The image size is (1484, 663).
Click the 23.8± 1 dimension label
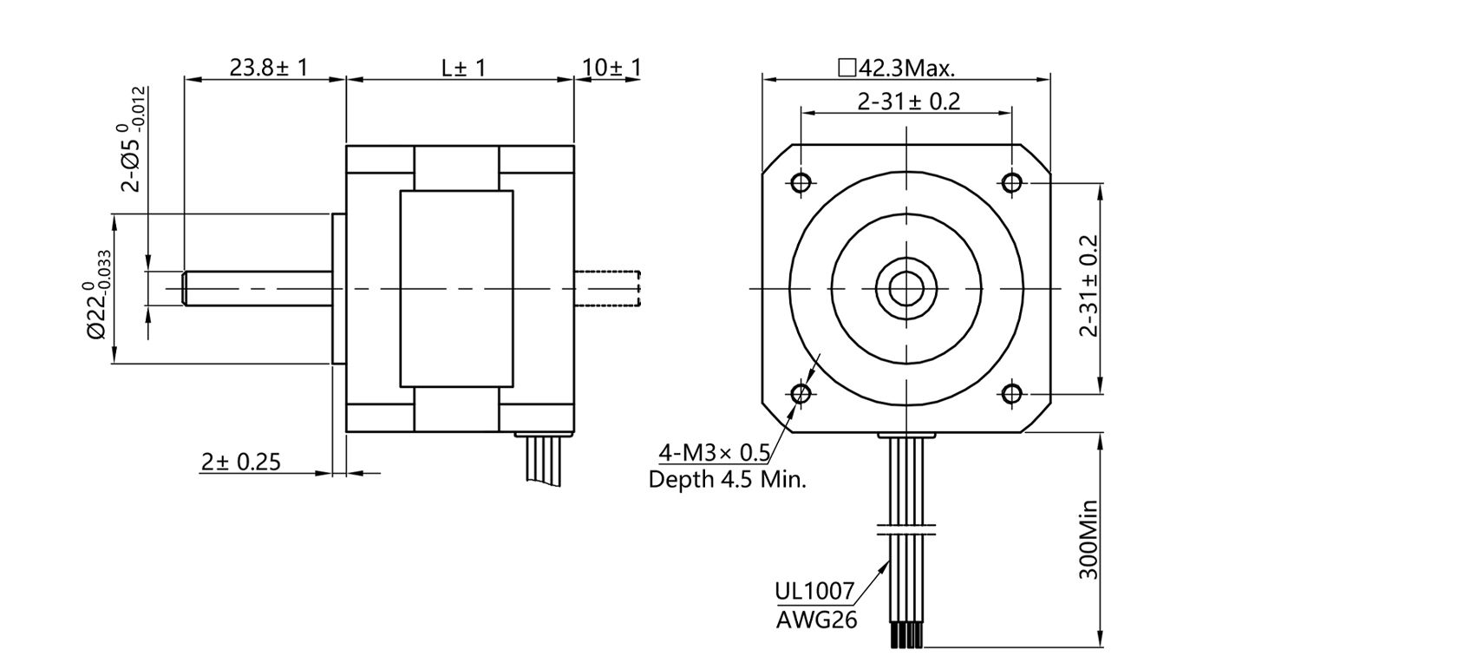point(268,67)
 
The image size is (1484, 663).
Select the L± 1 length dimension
point(463,67)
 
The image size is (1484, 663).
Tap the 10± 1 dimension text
point(611,67)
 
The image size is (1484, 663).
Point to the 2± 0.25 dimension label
point(241,462)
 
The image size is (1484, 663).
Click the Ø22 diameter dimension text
point(98,295)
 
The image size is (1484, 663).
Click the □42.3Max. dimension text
point(896,68)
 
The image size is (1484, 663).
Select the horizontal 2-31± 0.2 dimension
point(908,102)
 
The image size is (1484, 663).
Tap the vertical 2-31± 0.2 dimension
point(1088,286)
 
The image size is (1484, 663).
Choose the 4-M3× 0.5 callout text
point(714,452)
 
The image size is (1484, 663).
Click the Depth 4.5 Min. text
point(727,480)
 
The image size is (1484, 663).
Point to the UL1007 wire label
point(814,592)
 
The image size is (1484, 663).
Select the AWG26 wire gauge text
point(815,620)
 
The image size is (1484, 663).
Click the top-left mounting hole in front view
point(801,182)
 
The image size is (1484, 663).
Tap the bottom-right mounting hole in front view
point(1011,394)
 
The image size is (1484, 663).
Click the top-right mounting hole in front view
point(1011,182)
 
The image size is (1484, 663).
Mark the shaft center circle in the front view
point(905,288)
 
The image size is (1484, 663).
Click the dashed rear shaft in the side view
point(608,289)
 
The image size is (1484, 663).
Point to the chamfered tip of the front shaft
point(186,289)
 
